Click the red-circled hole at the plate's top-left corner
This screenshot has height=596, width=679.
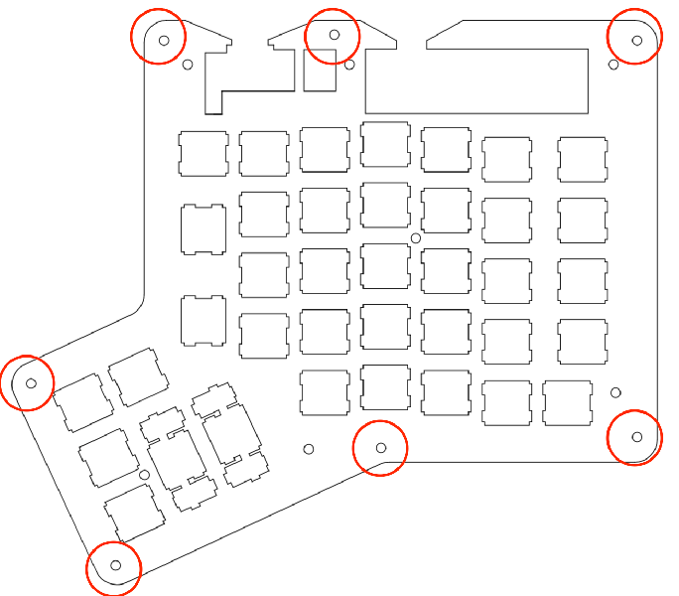click(165, 40)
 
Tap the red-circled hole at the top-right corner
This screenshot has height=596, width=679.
click(637, 41)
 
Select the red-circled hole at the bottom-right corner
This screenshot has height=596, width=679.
click(637, 436)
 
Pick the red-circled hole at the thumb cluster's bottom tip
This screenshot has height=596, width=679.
click(115, 565)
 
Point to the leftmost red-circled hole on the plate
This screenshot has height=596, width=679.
click(31, 382)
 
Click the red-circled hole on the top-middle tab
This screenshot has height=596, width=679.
click(335, 34)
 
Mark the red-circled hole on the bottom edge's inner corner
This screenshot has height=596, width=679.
click(382, 448)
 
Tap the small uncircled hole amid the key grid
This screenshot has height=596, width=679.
click(416, 238)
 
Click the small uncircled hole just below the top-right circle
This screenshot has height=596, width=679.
click(613, 65)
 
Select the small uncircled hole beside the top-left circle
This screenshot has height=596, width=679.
click(188, 66)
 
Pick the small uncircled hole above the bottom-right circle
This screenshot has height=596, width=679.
click(615, 392)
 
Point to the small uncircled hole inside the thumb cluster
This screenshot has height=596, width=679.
click(145, 476)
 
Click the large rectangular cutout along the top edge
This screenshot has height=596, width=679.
click(479, 81)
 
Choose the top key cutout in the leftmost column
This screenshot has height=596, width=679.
click(204, 153)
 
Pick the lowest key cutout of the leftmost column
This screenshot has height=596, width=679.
click(204, 322)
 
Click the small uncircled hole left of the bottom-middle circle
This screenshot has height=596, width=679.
click(309, 449)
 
